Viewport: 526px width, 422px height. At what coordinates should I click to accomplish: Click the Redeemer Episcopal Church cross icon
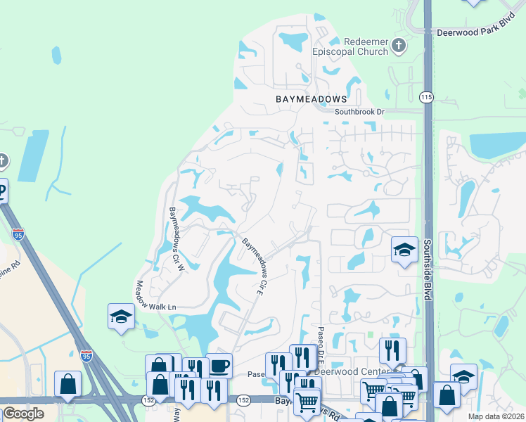[399, 46]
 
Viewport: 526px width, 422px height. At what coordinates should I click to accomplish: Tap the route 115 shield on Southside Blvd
[426, 98]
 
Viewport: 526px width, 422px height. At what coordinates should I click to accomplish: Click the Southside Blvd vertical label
[427, 270]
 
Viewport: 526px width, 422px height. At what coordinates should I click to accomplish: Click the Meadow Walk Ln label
[155, 296]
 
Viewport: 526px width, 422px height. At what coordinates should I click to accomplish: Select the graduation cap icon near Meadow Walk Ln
[121, 316]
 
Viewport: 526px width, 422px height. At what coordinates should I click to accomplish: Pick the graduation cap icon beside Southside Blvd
[404, 250]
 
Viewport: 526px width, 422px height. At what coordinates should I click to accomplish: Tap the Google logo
[23, 414]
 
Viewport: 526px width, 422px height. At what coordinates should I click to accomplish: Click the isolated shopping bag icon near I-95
[68, 384]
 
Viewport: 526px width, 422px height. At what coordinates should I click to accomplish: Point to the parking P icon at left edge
[2, 190]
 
